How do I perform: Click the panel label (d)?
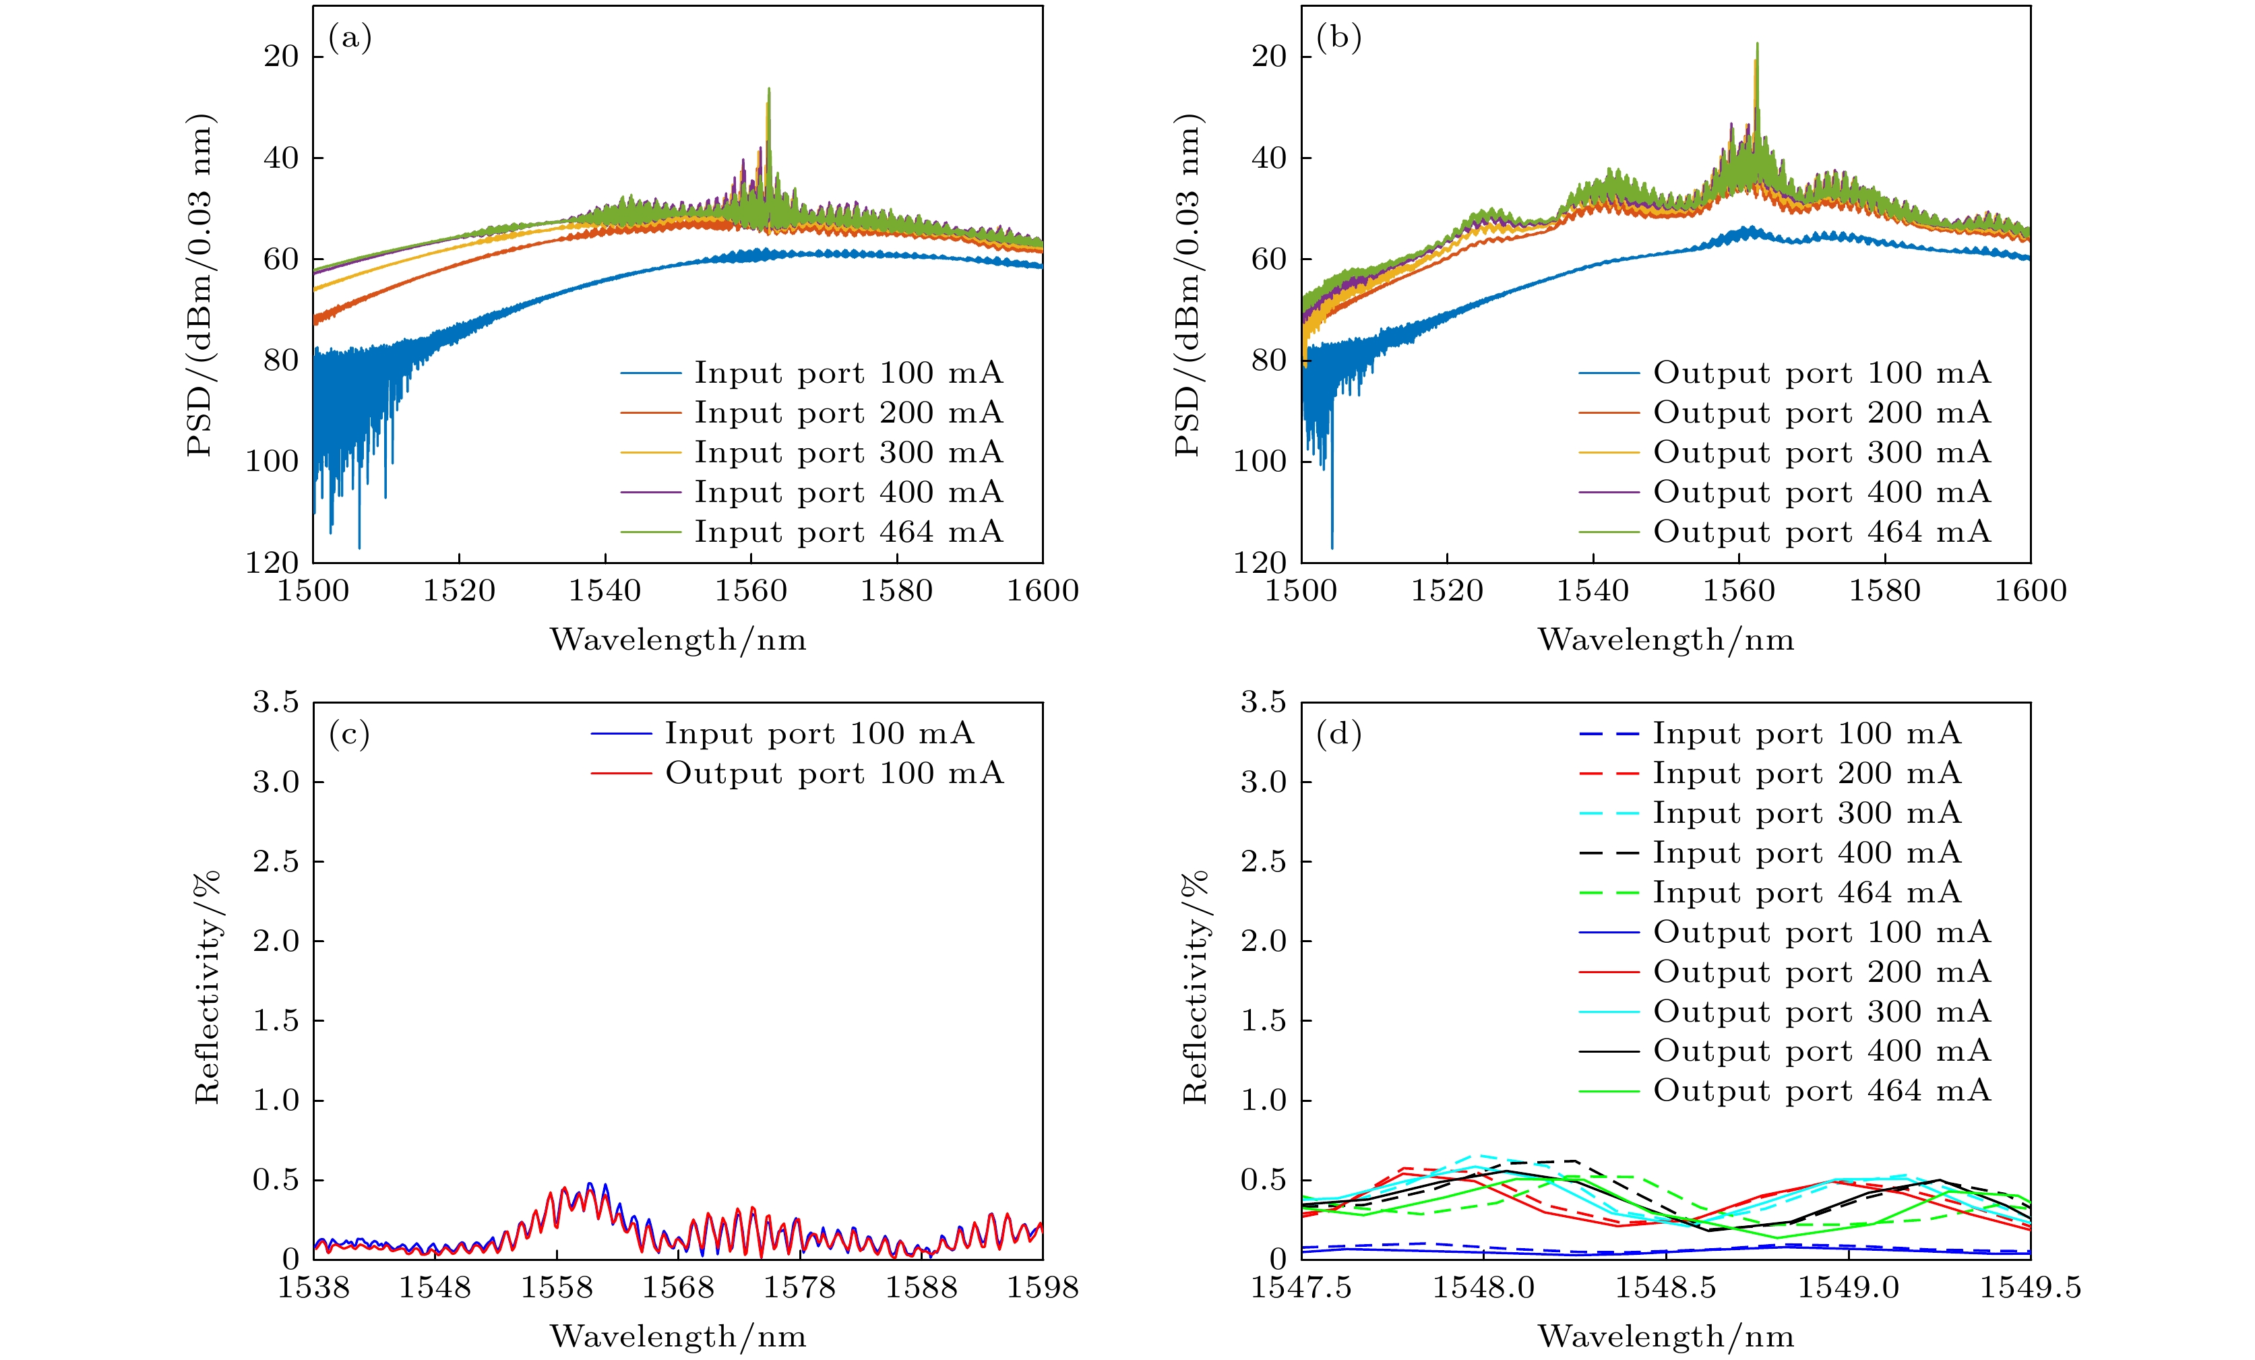click(1338, 734)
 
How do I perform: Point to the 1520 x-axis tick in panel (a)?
click(458, 591)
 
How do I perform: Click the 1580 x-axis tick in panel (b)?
click(1884, 591)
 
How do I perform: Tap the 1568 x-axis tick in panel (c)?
click(678, 1288)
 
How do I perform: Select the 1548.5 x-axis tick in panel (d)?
click(1665, 1288)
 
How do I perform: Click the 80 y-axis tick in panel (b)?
click(1268, 361)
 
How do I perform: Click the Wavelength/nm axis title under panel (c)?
click(678, 1337)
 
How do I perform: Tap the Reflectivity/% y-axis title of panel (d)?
click(1195, 987)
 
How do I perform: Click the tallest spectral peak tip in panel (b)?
click(1757, 44)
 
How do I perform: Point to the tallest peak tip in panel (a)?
click(769, 90)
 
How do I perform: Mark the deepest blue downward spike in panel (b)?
click(1332, 547)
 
